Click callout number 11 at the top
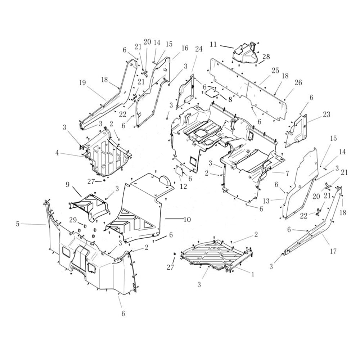click(213, 44)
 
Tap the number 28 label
click(266, 57)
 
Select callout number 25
click(275, 71)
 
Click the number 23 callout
click(327, 114)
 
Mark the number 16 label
click(185, 48)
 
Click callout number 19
click(82, 83)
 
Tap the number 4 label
click(57, 153)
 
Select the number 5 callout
click(18, 224)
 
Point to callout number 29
click(73, 220)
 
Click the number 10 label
click(187, 219)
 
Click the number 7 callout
click(287, 174)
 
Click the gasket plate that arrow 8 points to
click(212, 93)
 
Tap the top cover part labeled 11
click(246, 53)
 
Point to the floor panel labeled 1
click(212, 254)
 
